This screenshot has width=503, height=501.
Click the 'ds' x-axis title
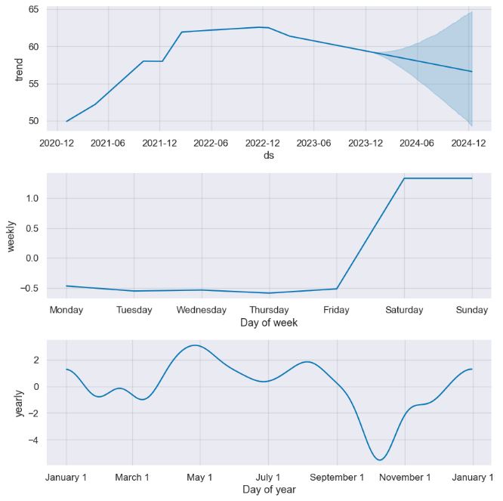269,155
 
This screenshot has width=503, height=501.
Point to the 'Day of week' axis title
269,323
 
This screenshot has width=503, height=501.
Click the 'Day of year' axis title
269,490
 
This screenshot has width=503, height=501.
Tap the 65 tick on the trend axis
34,10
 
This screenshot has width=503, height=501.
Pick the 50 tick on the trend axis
34,121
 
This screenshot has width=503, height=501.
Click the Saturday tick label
404,310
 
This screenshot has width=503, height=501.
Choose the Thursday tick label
269,310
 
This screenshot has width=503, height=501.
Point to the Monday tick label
66,310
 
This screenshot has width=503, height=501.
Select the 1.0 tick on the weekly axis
32,198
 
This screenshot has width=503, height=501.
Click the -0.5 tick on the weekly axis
29,288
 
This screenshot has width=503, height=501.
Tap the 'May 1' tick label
199,477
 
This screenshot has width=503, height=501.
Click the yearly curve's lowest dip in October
380,459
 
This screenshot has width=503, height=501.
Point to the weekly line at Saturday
404,178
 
